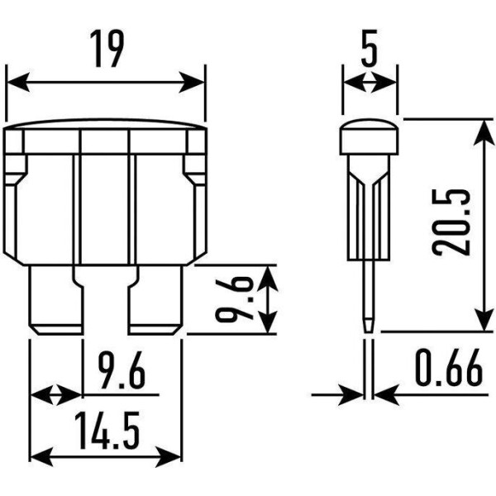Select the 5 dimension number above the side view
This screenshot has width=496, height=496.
pyautogui.click(x=370, y=51)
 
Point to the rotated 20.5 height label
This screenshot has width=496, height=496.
pyautogui.click(x=454, y=223)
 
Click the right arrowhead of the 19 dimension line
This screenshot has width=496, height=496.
pyautogui.click(x=197, y=82)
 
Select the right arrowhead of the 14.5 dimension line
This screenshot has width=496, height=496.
pyautogui.click(x=174, y=455)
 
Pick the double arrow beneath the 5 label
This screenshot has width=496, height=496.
pyautogui.click(x=370, y=82)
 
